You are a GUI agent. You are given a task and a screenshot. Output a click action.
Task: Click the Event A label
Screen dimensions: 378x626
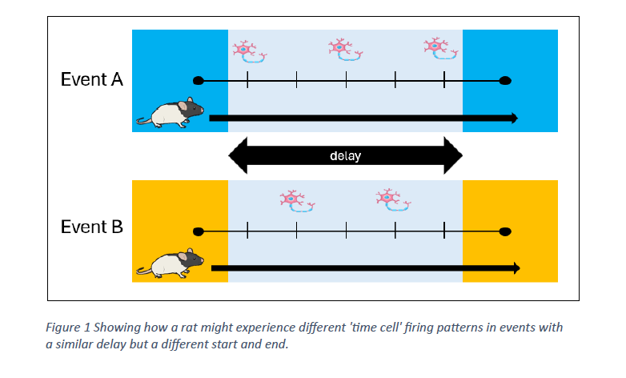pyautogui.click(x=92, y=80)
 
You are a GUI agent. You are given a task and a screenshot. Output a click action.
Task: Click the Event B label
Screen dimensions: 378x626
pyautogui.click(x=92, y=227)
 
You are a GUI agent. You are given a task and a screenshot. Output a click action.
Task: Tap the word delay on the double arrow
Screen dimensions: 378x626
pyautogui.click(x=345, y=156)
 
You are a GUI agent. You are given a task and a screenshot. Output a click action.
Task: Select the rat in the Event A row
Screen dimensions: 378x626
pyautogui.click(x=171, y=114)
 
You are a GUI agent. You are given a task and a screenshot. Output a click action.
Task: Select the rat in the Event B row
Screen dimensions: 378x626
pyautogui.click(x=171, y=263)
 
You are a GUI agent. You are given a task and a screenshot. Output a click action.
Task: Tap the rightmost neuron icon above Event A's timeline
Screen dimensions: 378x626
pyautogui.click(x=439, y=47)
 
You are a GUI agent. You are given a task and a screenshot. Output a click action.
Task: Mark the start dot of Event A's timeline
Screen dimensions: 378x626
pyautogui.click(x=199, y=80)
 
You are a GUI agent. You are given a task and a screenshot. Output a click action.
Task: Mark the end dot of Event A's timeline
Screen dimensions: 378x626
pyautogui.click(x=504, y=80)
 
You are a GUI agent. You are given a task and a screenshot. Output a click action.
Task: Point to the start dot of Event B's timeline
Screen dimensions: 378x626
pyautogui.click(x=199, y=231)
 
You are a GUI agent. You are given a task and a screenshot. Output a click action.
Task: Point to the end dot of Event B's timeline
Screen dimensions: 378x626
pyautogui.click(x=504, y=231)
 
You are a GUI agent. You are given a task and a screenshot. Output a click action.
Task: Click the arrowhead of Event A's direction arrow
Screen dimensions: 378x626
pyautogui.click(x=512, y=119)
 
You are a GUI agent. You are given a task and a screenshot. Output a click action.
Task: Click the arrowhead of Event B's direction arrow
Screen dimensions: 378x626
pyautogui.click(x=515, y=267)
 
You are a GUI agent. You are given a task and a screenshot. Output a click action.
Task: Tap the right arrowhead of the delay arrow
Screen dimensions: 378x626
pyautogui.click(x=452, y=156)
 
